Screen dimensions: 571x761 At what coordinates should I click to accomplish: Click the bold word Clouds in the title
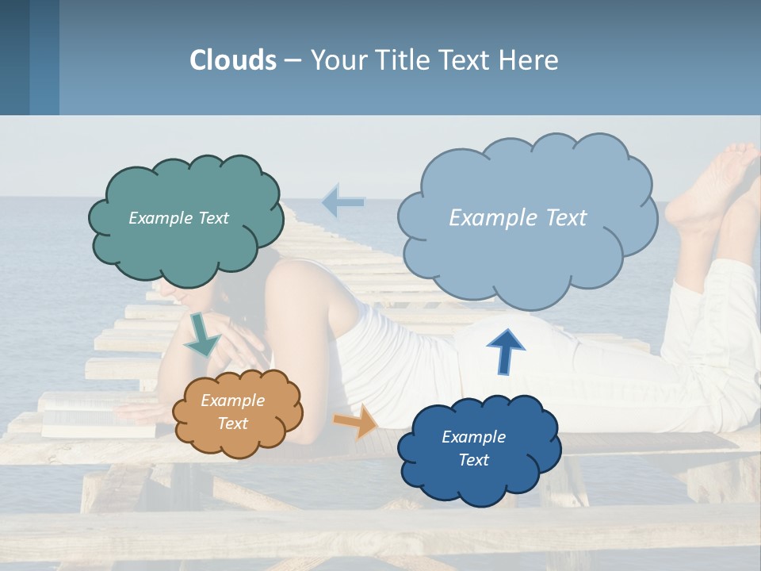coord(233,60)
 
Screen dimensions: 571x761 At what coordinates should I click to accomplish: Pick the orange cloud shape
coord(238,441)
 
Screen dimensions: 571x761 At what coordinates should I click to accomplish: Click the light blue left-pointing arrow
coord(342,202)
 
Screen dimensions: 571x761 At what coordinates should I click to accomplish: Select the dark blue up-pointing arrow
coord(505,351)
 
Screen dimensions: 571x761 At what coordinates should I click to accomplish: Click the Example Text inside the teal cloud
coord(178,218)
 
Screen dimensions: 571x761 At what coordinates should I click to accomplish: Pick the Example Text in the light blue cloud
coord(518,218)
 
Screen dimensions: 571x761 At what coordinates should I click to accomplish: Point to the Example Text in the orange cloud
coord(232,412)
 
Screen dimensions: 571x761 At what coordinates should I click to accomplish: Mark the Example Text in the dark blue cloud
coord(473,448)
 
